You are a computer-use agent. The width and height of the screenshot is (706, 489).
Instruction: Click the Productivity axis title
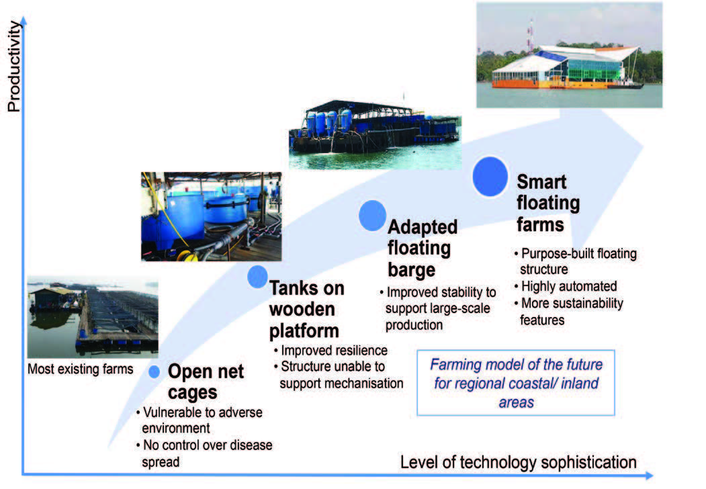coord(14,66)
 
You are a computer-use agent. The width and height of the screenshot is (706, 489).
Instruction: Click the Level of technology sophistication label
coord(518,462)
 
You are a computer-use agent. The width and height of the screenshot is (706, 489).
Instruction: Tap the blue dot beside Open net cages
coord(154,372)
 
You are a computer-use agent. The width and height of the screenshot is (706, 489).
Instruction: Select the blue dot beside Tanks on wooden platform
coord(257,277)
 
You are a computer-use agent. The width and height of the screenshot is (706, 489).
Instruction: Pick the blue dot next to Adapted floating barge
coord(372,216)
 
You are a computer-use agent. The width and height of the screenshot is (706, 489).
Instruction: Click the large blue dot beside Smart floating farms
coord(490,177)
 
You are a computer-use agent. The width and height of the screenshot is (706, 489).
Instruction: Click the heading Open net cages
coord(206,382)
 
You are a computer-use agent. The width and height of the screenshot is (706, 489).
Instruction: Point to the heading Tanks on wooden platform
coord(306,310)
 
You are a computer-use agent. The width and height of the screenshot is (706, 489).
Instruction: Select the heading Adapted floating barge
coord(423,248)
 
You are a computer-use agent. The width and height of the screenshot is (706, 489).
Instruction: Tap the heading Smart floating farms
coord(548,203)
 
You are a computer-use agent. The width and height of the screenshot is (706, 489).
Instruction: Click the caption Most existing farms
coord(80,369)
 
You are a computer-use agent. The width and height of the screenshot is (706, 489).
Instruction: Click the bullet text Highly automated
coord(569,286)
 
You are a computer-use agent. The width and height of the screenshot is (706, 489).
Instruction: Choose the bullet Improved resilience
coord(334,351)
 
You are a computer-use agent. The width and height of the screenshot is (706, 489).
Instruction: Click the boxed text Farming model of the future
coord(516,364)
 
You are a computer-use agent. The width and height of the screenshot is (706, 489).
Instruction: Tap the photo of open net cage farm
coord(93,318)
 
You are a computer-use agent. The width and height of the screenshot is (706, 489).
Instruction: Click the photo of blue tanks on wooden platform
coord(211,216)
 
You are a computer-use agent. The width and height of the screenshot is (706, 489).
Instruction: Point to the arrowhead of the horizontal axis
coord(649,475)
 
